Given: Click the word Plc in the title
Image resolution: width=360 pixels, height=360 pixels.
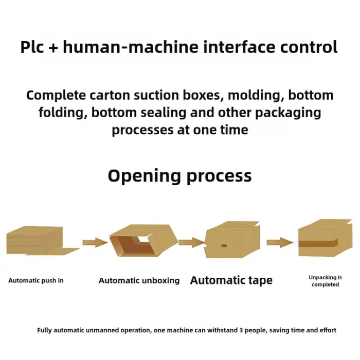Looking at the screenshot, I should coord(34,47).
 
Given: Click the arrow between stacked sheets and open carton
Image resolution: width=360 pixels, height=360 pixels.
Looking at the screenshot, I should coord(95,242).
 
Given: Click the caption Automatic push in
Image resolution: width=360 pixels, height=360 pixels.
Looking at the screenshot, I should coord(36,281).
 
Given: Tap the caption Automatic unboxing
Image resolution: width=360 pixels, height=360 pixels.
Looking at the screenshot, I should coord(139,281).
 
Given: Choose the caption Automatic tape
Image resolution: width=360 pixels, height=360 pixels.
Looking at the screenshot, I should coord(231,280).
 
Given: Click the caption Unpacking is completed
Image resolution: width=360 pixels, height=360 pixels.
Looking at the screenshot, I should coord(325,281).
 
